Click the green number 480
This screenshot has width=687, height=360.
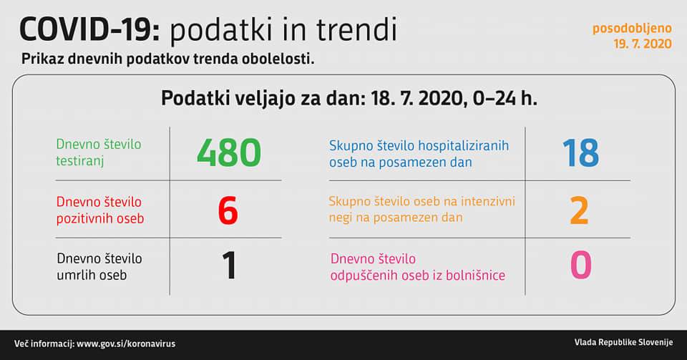point(229,153)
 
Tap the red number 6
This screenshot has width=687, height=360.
point(228,210)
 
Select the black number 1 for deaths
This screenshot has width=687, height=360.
point(230,266)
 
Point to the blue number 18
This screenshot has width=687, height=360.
point(581,153)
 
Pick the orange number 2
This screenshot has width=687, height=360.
point(579,210)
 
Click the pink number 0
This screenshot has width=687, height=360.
point(581,266)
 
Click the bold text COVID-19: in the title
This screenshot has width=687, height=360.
point(90,30)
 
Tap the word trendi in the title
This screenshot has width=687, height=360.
point(356,30)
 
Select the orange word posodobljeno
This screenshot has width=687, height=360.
point(632,29)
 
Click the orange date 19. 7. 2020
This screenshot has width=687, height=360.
point(643,44)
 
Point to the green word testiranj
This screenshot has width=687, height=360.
point(80,161)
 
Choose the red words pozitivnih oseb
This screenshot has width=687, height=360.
point(100,218)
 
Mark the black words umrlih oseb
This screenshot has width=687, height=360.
point(92,275)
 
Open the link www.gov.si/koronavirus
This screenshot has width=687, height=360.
point(126,344)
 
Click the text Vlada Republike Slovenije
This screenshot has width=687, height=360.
point(623,343)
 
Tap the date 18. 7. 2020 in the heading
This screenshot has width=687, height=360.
point(417,99)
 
